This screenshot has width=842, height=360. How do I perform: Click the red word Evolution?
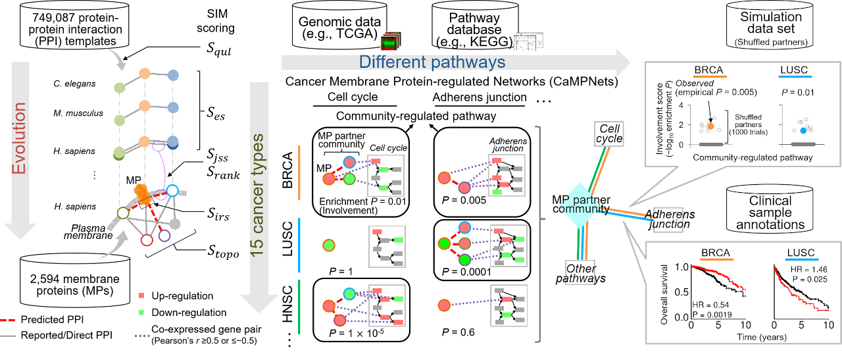(19, 138)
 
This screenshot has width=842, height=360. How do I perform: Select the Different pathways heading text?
(432, 63)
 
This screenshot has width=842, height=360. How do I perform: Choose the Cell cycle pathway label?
(608, 132)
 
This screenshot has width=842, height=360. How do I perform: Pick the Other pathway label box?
(580, 272)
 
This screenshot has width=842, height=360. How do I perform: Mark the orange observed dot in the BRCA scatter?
(709, 125)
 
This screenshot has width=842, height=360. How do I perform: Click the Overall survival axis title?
(665, 294)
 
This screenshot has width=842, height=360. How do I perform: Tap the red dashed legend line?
(7, 321)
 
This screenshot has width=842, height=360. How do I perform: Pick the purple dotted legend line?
(142, 335)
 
